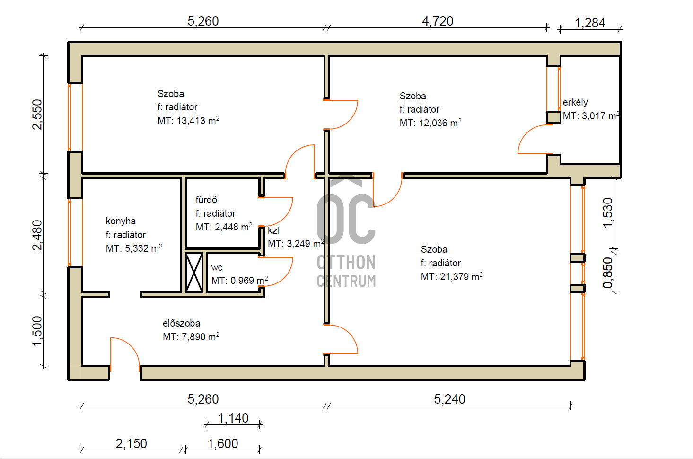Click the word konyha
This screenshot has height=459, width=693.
point(121,221)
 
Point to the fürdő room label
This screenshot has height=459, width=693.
point(206,200)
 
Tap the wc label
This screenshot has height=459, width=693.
point(217,268)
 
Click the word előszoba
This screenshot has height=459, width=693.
point(182,323)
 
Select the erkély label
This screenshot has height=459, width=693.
point(575,102)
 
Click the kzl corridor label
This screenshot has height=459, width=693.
point(273,230)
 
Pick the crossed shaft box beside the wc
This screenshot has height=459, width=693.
point(194,273)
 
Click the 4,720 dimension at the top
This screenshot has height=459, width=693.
point(438,21)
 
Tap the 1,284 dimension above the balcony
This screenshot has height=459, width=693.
point(590,23)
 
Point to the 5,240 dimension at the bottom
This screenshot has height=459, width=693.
point(449,399)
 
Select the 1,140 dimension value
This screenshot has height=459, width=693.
point(233,418)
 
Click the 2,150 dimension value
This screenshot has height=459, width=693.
point(131,444)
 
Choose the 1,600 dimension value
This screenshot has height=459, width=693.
point(223,444)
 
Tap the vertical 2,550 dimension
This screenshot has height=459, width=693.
point(37,115)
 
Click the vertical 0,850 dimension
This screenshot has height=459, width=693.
point(607,273)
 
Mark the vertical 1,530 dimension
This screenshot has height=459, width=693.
point(607,213)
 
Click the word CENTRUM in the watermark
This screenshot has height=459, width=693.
point(346,281)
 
